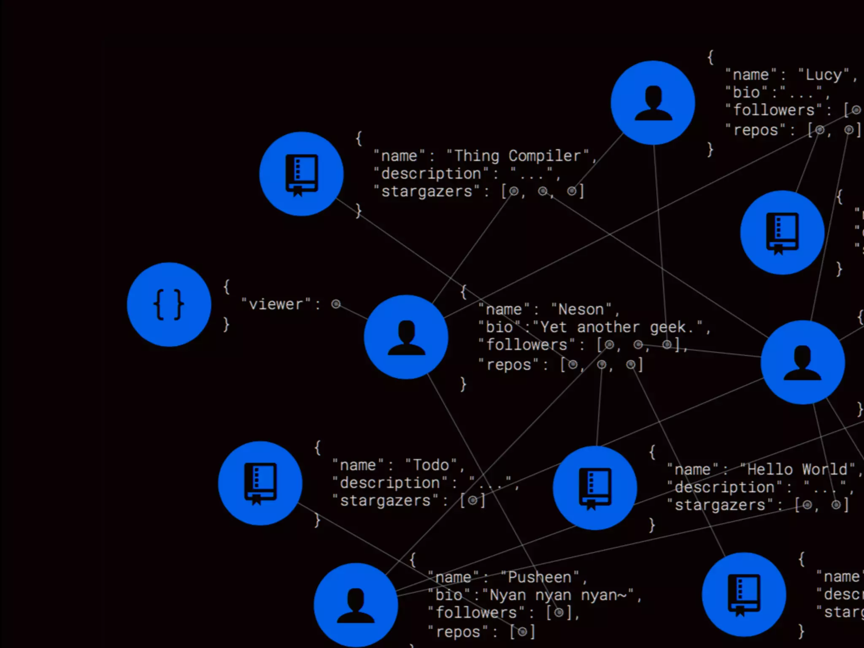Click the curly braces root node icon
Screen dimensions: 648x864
click(169, 305)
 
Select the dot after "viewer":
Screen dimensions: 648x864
click(336, 304)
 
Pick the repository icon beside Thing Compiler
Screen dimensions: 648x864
click(301, 174)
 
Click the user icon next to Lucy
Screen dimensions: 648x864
click(653, 103)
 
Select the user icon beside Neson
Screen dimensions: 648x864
click(406, 337)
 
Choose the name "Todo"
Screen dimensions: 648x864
click(431, 465)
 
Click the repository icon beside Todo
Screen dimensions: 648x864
click(260, 483)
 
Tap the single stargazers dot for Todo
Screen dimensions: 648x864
click(472, 501)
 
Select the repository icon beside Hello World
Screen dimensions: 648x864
click(595, 488)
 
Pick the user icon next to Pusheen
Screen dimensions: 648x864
click(356, 605)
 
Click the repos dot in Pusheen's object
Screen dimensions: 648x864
click(522, 632)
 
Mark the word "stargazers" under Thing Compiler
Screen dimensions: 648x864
click(427, 192)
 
